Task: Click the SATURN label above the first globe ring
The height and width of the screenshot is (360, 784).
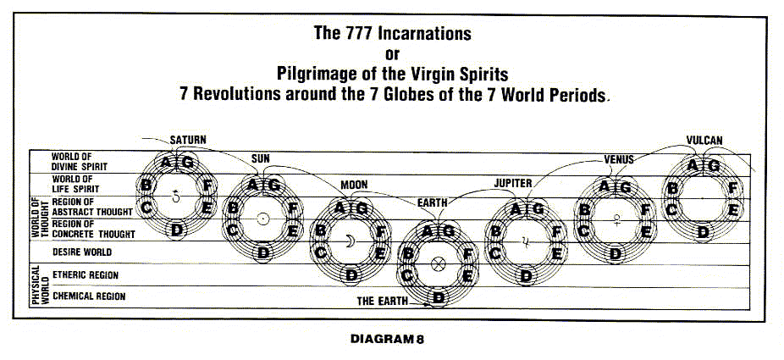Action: tap(187, 139)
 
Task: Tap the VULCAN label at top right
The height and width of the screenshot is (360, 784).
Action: tap(704, 140)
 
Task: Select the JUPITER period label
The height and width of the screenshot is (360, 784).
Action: tap(512, 182)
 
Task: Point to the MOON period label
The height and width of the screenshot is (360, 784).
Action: tap(354, 185)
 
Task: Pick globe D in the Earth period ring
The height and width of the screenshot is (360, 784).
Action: tap(439, 296)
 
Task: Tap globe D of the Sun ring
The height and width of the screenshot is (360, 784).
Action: tap(263, 252)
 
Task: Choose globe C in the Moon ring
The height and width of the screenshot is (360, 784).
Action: tap(321, 252)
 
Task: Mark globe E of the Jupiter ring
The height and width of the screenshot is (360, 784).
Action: tap(556, 252)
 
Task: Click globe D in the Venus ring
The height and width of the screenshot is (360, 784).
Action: tap(616, 252)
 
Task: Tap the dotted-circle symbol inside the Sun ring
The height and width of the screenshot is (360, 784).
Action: tap(263, 218)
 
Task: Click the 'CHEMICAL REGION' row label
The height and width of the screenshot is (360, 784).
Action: tap(89, 296)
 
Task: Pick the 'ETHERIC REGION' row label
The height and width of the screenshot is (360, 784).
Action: tap(86, 275)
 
